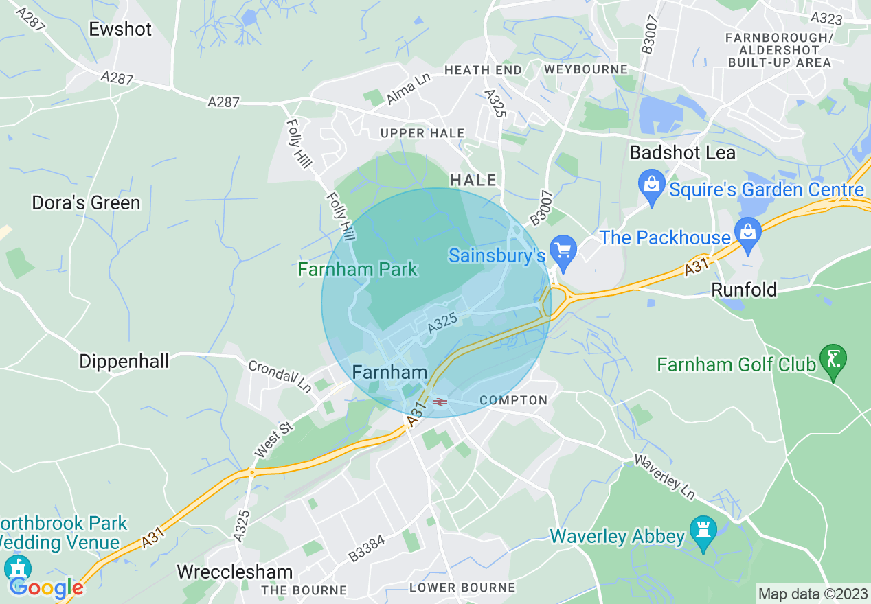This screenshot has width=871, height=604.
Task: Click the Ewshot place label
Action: pos(120,29)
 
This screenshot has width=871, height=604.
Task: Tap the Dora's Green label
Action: pos(86,202)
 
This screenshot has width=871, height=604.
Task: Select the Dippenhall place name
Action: pos(124,361)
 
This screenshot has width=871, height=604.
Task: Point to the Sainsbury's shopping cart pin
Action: pos(564,253)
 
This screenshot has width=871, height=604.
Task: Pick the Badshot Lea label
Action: pos(682,152)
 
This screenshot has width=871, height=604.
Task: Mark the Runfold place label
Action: pos(743,290)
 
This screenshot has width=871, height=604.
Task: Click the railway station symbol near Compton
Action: pos(440,402)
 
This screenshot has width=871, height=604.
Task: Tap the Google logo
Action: pos(46,587)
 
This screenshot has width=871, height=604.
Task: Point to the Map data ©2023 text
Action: pos(813,593)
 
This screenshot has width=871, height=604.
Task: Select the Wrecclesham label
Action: pos(234,572)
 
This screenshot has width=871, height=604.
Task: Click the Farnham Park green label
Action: pos(357,269)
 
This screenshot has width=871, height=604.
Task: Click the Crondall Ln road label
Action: pos(280,377)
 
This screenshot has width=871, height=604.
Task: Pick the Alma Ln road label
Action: pos(407,90)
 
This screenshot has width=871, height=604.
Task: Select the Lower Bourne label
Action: pos(462,588)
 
